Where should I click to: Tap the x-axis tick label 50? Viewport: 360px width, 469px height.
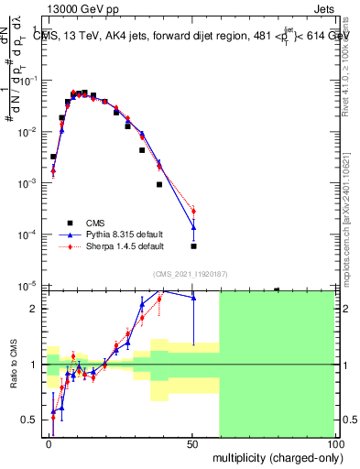(x=192, y=442)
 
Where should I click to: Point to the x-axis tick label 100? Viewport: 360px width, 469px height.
(x=334, y=442)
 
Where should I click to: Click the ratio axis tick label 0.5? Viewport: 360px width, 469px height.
(x=33, y=420)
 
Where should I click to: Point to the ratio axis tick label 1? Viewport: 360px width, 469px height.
(x=38, y=365)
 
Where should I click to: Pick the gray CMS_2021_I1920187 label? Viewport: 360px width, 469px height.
(x=191, y=273)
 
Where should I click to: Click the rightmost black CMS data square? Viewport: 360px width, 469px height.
(x=193, y=246)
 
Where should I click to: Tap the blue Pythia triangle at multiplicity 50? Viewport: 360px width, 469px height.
(x=193, y=228)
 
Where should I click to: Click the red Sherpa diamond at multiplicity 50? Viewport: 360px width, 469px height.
(x=193, y=213)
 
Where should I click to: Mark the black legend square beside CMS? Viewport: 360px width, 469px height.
(x=70, y=222)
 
